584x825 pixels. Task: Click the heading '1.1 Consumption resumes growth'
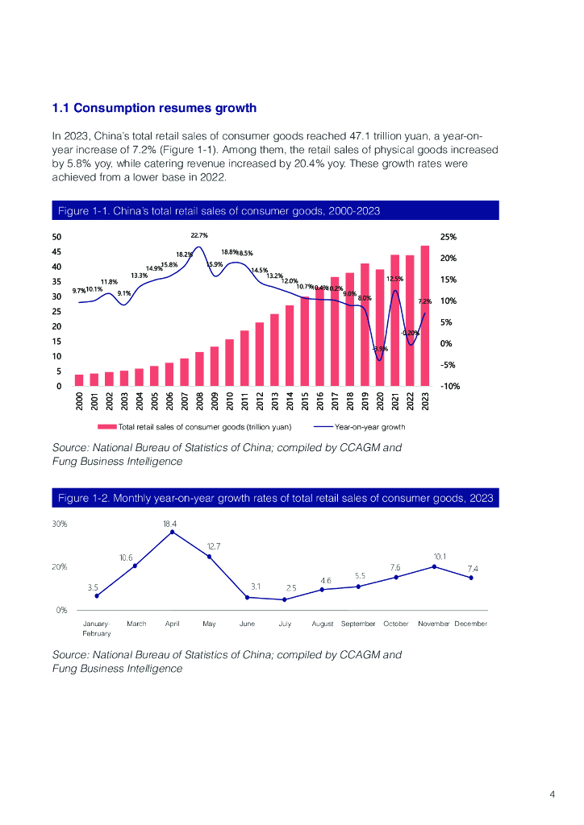154,108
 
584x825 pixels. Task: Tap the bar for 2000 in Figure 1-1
79,380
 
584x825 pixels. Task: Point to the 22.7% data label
199,235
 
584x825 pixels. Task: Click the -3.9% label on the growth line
380,349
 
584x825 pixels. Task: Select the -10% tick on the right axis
449,386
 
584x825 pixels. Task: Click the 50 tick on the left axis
56,238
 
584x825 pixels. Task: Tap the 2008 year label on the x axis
199,400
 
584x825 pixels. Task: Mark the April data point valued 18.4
172,532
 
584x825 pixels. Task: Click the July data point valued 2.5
285,599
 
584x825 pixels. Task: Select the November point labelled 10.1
434,566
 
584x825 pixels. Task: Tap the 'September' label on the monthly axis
358,624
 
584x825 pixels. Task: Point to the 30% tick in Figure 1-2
60,524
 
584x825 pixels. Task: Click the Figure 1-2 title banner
275,498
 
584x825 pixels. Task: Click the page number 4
553,795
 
